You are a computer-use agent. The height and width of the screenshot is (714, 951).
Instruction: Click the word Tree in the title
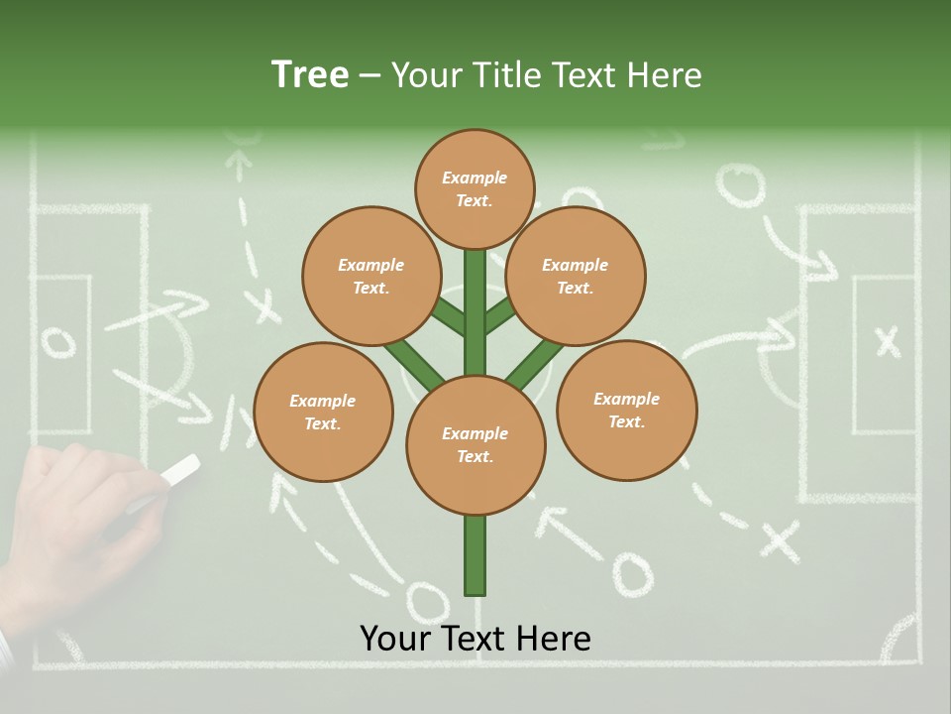310,74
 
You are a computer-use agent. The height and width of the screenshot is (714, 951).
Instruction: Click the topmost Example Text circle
475,188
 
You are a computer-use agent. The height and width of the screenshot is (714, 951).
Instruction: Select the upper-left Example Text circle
370,277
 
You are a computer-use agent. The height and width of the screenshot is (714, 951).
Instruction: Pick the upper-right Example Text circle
576,277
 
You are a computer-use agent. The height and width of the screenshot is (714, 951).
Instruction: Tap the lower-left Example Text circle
323,413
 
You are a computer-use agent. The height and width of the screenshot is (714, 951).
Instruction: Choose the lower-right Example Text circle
626,411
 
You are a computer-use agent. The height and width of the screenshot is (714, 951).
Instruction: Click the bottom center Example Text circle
475,445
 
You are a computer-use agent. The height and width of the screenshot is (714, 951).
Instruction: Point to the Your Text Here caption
475,639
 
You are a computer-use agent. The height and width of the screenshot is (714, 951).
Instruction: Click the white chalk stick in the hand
179,471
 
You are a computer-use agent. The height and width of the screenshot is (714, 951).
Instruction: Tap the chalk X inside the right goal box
888,341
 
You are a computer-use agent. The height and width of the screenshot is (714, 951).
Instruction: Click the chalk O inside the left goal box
58,342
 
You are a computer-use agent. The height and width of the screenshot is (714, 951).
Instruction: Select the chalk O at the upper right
741,185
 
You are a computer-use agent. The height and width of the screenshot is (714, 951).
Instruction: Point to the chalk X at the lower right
780,540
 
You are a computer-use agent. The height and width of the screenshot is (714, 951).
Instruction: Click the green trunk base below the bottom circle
475,555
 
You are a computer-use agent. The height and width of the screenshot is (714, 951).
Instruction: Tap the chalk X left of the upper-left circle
264,305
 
